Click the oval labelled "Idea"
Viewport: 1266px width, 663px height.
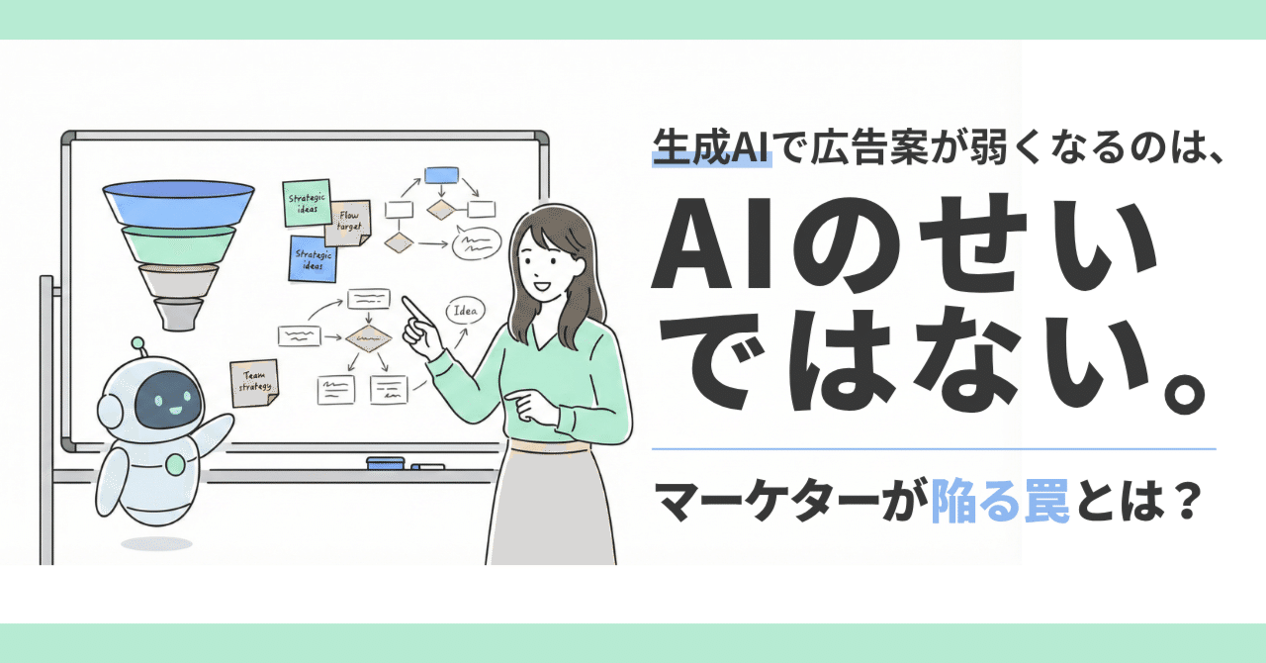(x=464, y=312)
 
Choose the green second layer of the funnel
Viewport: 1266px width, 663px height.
(x=178, y=243)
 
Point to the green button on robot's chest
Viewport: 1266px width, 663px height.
(x=175, y=464)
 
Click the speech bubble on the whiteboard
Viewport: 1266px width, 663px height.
(x=476, y=242)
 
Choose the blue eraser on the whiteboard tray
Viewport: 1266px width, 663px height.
(x=385, y=462)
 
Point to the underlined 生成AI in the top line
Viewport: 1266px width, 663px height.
(x=711, y=154)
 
